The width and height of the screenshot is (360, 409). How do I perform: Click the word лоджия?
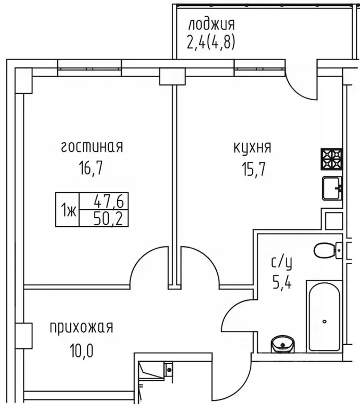pyautogui.click(x=211, y=24)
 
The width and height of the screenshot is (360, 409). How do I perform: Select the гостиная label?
pyautogui.click(x=92, y=147)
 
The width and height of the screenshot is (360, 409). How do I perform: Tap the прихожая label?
pyautogui.click(x=81, y=327)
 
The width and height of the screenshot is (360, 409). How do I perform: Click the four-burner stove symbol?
pyautogui.click(x=331, y=158)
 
